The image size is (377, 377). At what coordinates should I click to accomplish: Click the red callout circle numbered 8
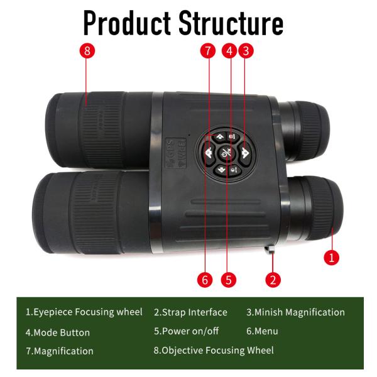pyautogui.click(x=87, y=51)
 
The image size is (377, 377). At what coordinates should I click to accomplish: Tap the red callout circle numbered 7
pyautogui.click(x=208, y=51)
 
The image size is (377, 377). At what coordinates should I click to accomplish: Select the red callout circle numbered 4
pyautogui.click(x=229, y=51)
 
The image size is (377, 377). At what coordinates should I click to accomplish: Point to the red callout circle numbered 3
pyautogui.click(x=246, y=51)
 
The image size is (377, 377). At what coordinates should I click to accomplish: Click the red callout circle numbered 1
pyautogui.click(x=332, y=258)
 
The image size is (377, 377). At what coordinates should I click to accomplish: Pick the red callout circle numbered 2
pyautogui.click(x=273, y=280)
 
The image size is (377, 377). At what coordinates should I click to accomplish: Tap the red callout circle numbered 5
pyautogui.click(x=229, y=280)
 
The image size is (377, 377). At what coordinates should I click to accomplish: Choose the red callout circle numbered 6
pyautogui.click(x=205, y=280)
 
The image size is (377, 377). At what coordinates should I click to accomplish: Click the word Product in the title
pyautogui.click(x=127, y=23)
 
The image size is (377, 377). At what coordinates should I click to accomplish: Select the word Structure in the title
pyautogui.click(x=231, y=23)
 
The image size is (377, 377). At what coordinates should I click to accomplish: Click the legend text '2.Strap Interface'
pyautogui.click(x=190, y=312)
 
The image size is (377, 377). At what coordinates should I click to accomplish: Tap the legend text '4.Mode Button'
pyautogui.click(x=58, y=332)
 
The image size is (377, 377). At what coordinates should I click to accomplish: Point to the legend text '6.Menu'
pyautogui.click(x=262, y=331)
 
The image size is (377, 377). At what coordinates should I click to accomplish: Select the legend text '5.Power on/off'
pyautogui.click(x=187, y=331)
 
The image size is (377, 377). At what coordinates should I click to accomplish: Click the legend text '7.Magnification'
pyautogui.click(x=60, y=351)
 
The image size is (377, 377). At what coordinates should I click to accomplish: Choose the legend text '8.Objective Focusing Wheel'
pyautogui.click(x=214, y=351)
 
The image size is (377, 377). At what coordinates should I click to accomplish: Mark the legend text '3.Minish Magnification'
pyautogui.click(x=295, y=312)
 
